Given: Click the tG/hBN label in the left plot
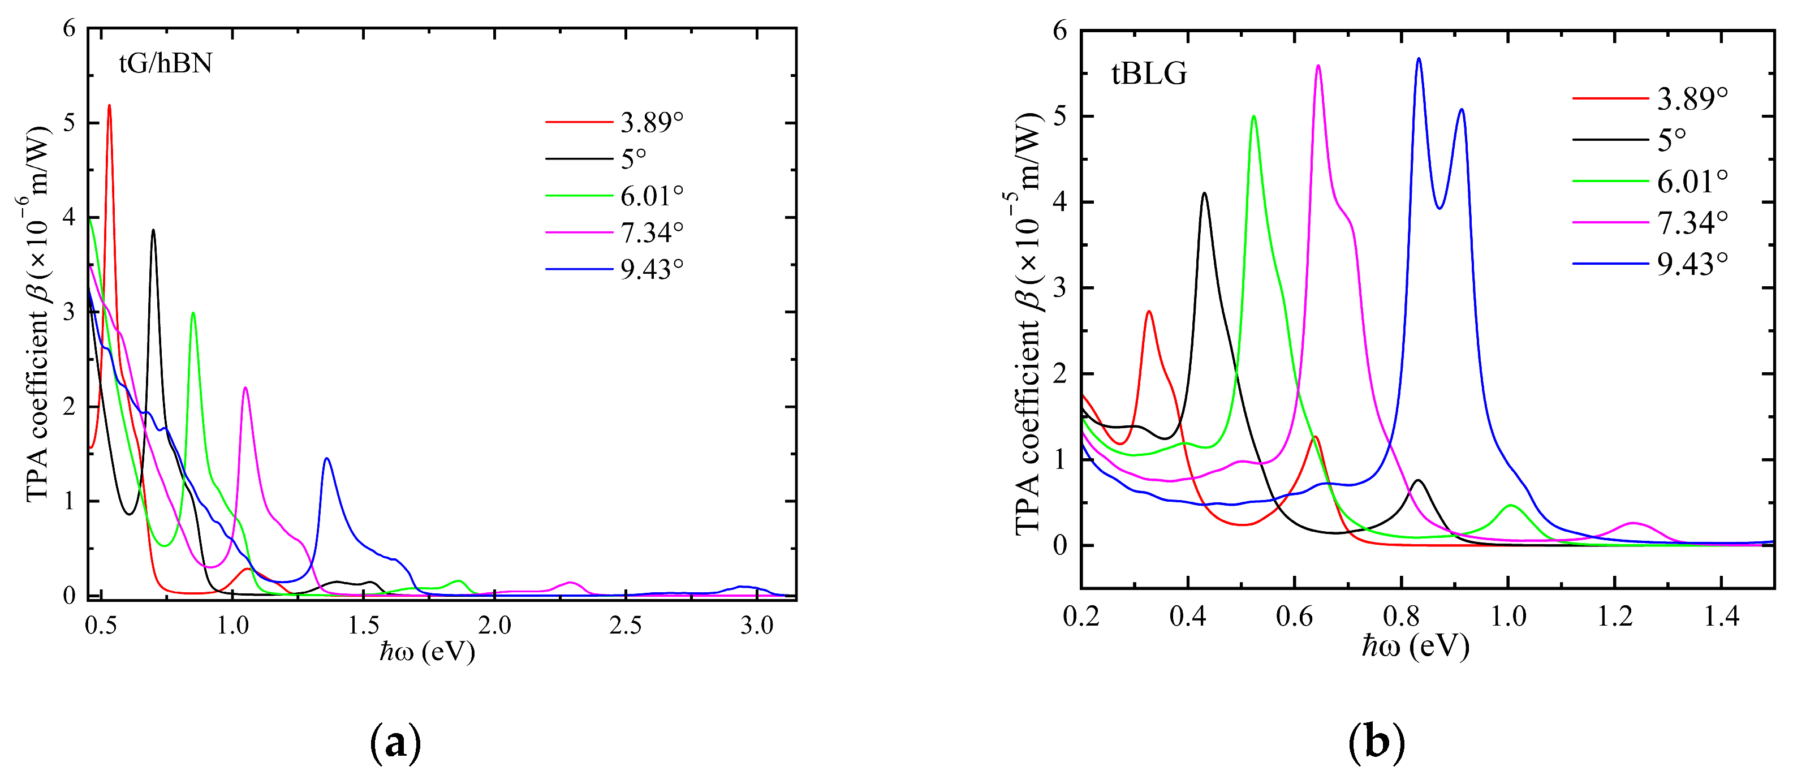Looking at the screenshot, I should [165, 63].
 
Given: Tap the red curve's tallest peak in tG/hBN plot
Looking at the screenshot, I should [109, 106].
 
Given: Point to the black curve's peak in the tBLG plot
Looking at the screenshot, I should [1204, 193].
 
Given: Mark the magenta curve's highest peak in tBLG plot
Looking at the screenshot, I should [1318, 66].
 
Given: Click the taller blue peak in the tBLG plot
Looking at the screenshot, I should [1419, 59].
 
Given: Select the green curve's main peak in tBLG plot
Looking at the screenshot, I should [1253, 117].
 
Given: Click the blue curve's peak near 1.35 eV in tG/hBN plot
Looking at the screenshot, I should [326, 458].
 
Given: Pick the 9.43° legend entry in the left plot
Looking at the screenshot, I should [652, 269].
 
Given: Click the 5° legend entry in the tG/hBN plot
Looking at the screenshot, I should [633, 159].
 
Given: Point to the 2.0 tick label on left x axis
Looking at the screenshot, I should [494, 625].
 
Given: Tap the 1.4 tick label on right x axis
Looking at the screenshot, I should [1721, 616].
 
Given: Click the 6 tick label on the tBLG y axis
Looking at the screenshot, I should [1059, 31].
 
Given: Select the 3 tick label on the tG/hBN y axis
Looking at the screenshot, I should [69, 312].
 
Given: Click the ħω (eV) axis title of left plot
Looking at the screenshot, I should [428, 652].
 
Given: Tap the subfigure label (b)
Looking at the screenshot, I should [1376, 743].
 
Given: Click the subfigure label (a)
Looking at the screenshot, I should [395, 743].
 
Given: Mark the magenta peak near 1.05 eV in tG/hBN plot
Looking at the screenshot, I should [245, 388].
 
